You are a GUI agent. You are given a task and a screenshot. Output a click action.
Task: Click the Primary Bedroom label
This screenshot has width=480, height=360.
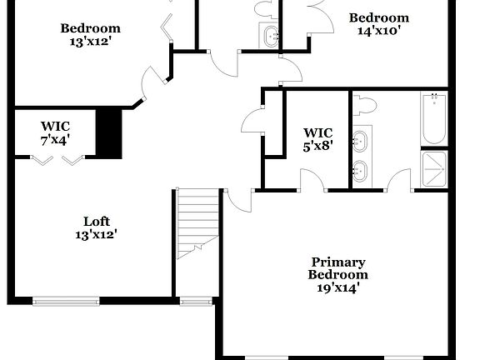[x=337, y=267]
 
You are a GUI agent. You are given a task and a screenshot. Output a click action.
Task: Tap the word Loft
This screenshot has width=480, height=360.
[x=96, y=221]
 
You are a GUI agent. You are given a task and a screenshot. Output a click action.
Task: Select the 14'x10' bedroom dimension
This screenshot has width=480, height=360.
[x=378, y=32]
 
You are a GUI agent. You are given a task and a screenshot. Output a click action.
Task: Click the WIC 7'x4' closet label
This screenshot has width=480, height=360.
[x=56, y=133]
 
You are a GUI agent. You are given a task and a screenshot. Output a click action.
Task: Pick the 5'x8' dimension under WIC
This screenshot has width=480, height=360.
[x=317, y=146]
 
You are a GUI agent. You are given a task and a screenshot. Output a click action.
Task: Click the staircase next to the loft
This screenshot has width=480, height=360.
[x=197, y=221]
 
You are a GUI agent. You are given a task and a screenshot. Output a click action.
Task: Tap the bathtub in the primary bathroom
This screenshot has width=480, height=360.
[x=433, y=119]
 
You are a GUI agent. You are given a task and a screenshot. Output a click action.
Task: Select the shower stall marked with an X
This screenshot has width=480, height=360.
[x=434, y=169]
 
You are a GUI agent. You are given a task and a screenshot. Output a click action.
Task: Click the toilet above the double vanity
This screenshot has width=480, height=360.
[x=364, y=106]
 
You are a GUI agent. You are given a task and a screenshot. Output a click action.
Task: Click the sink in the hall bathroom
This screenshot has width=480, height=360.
[x=271, y=37]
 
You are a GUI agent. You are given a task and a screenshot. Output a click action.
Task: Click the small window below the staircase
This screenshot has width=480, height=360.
[x=196, y=301]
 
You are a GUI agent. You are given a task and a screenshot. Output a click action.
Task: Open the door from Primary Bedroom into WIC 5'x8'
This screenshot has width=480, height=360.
[x=312, y=178]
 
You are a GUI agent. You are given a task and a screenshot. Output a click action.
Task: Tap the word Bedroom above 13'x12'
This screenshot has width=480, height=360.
[x=90, y=28]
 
